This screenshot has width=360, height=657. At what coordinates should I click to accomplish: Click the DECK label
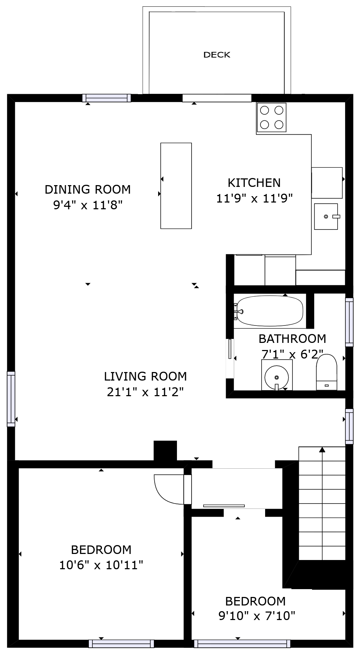click(216, 55)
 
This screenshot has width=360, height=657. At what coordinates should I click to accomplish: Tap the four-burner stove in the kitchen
click(272, 117)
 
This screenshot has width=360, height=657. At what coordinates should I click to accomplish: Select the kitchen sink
click(326, 216)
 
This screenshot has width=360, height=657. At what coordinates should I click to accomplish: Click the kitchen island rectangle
click(176, 185)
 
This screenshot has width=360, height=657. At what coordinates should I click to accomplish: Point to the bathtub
click(270, 311)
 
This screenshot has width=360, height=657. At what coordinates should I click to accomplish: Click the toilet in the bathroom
click(326, 372)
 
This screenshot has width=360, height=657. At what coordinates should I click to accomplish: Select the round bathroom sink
click(276, 377)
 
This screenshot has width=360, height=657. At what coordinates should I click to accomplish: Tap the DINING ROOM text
click(87, 189)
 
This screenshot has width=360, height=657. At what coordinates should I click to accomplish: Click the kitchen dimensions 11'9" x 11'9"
click(254, 198)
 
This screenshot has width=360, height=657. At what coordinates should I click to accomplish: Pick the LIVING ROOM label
click(145, 376)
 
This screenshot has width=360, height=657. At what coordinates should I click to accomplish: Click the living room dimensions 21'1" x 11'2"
click(145, 392)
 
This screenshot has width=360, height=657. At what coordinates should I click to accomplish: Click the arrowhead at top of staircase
click(322, 449)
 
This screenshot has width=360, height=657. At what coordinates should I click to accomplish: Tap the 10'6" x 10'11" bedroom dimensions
click(101, 565)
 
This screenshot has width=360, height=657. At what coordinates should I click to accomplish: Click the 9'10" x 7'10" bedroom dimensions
click(257, 615)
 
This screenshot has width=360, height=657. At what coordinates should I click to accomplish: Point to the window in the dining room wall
click(107, 98)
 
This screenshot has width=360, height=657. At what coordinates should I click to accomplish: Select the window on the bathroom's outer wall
click(349, 322)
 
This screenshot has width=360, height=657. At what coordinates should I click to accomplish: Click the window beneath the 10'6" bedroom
click(121, 643)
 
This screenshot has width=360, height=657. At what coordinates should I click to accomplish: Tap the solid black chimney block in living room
click(165, 450)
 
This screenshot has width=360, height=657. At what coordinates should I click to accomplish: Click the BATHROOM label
click(292, 339)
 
